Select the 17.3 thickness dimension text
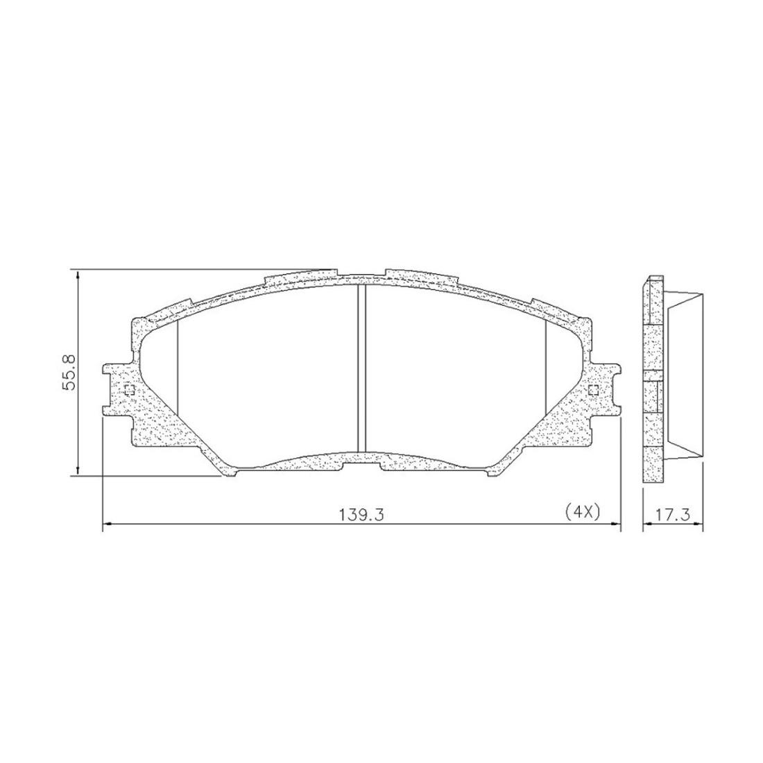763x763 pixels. pyautogui.click(x=672, y=514)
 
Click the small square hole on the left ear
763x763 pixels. pyautogui.click(x=128, y=391)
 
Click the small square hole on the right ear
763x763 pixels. pyautogui.click(x=592, y=391)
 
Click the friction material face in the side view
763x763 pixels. pyautogui.click(x=683, y=375)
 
